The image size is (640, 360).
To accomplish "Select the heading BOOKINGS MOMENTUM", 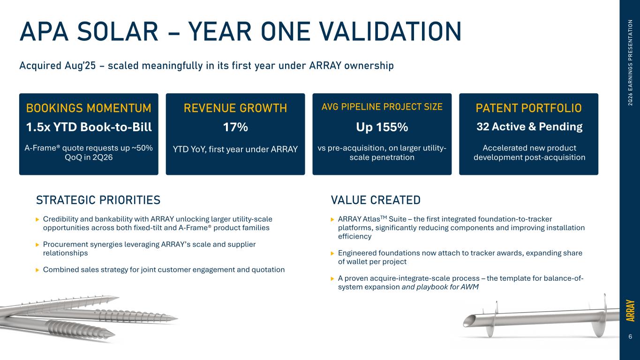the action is point(89,108).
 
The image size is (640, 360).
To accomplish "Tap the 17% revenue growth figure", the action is point(235,127).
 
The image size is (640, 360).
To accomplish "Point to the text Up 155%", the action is point(382,127).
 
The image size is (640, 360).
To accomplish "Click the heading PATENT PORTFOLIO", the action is point(528,108).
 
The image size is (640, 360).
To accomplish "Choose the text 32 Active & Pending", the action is point(529,127).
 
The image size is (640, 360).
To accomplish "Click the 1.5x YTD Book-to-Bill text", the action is point(89,127).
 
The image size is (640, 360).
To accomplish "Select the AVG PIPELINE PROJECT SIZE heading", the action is point(382,107).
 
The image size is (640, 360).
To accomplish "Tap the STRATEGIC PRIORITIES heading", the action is point(98,200).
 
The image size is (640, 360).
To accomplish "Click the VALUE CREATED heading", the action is point(376,200).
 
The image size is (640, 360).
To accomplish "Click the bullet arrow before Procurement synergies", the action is point(37,245).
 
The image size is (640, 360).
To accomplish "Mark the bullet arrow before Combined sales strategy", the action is point(37,270).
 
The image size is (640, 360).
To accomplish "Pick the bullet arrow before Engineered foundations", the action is point(332,254).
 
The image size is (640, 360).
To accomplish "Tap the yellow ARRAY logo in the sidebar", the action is point(630,311).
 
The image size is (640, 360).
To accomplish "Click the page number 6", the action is point(630,337).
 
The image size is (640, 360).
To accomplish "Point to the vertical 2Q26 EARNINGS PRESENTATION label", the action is point(630,63).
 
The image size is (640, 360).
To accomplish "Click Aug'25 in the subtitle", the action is point(80,66).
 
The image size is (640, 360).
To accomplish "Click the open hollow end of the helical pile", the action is point(468,321).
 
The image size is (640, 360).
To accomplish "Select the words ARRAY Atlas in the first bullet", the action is point(359,219).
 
